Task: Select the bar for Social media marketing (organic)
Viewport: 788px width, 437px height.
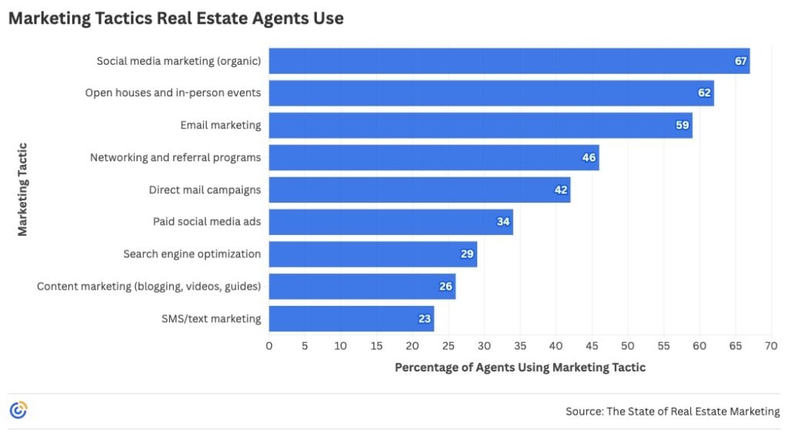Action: (x=508, y=61)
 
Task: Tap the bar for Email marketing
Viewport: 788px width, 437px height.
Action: (x=479, y=126)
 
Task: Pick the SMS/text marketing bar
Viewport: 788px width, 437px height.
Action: (x=350, y=318)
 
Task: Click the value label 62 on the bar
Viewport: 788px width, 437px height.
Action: (x=704, y=93)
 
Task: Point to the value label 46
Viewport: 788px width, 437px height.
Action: (x=589, y=157)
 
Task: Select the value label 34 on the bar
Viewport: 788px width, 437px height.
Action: (x=503, y=222)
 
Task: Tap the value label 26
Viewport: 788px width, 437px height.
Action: (x=446, y=287)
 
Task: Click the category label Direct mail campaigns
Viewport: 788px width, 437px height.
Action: (x=205, y=190)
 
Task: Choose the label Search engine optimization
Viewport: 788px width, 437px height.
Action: (x=192, y=254)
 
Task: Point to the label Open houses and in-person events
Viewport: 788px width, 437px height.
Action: (x=172, y=93)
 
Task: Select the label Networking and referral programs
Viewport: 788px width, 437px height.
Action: (x=175, y=157)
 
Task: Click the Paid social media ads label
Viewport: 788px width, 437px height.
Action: (x=207, y=222)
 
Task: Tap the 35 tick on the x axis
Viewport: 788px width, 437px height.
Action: (x=520, y=346)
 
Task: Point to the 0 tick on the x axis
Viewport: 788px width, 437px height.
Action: (x=269, y=346)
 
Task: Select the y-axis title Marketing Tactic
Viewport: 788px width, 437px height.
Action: (x=22, y=189)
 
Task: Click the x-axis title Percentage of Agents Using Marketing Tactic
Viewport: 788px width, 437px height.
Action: (x=520, y=368)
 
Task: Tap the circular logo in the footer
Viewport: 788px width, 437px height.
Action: (x=18, y=411)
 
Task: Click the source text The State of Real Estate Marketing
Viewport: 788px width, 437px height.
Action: (x=673, y=412)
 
